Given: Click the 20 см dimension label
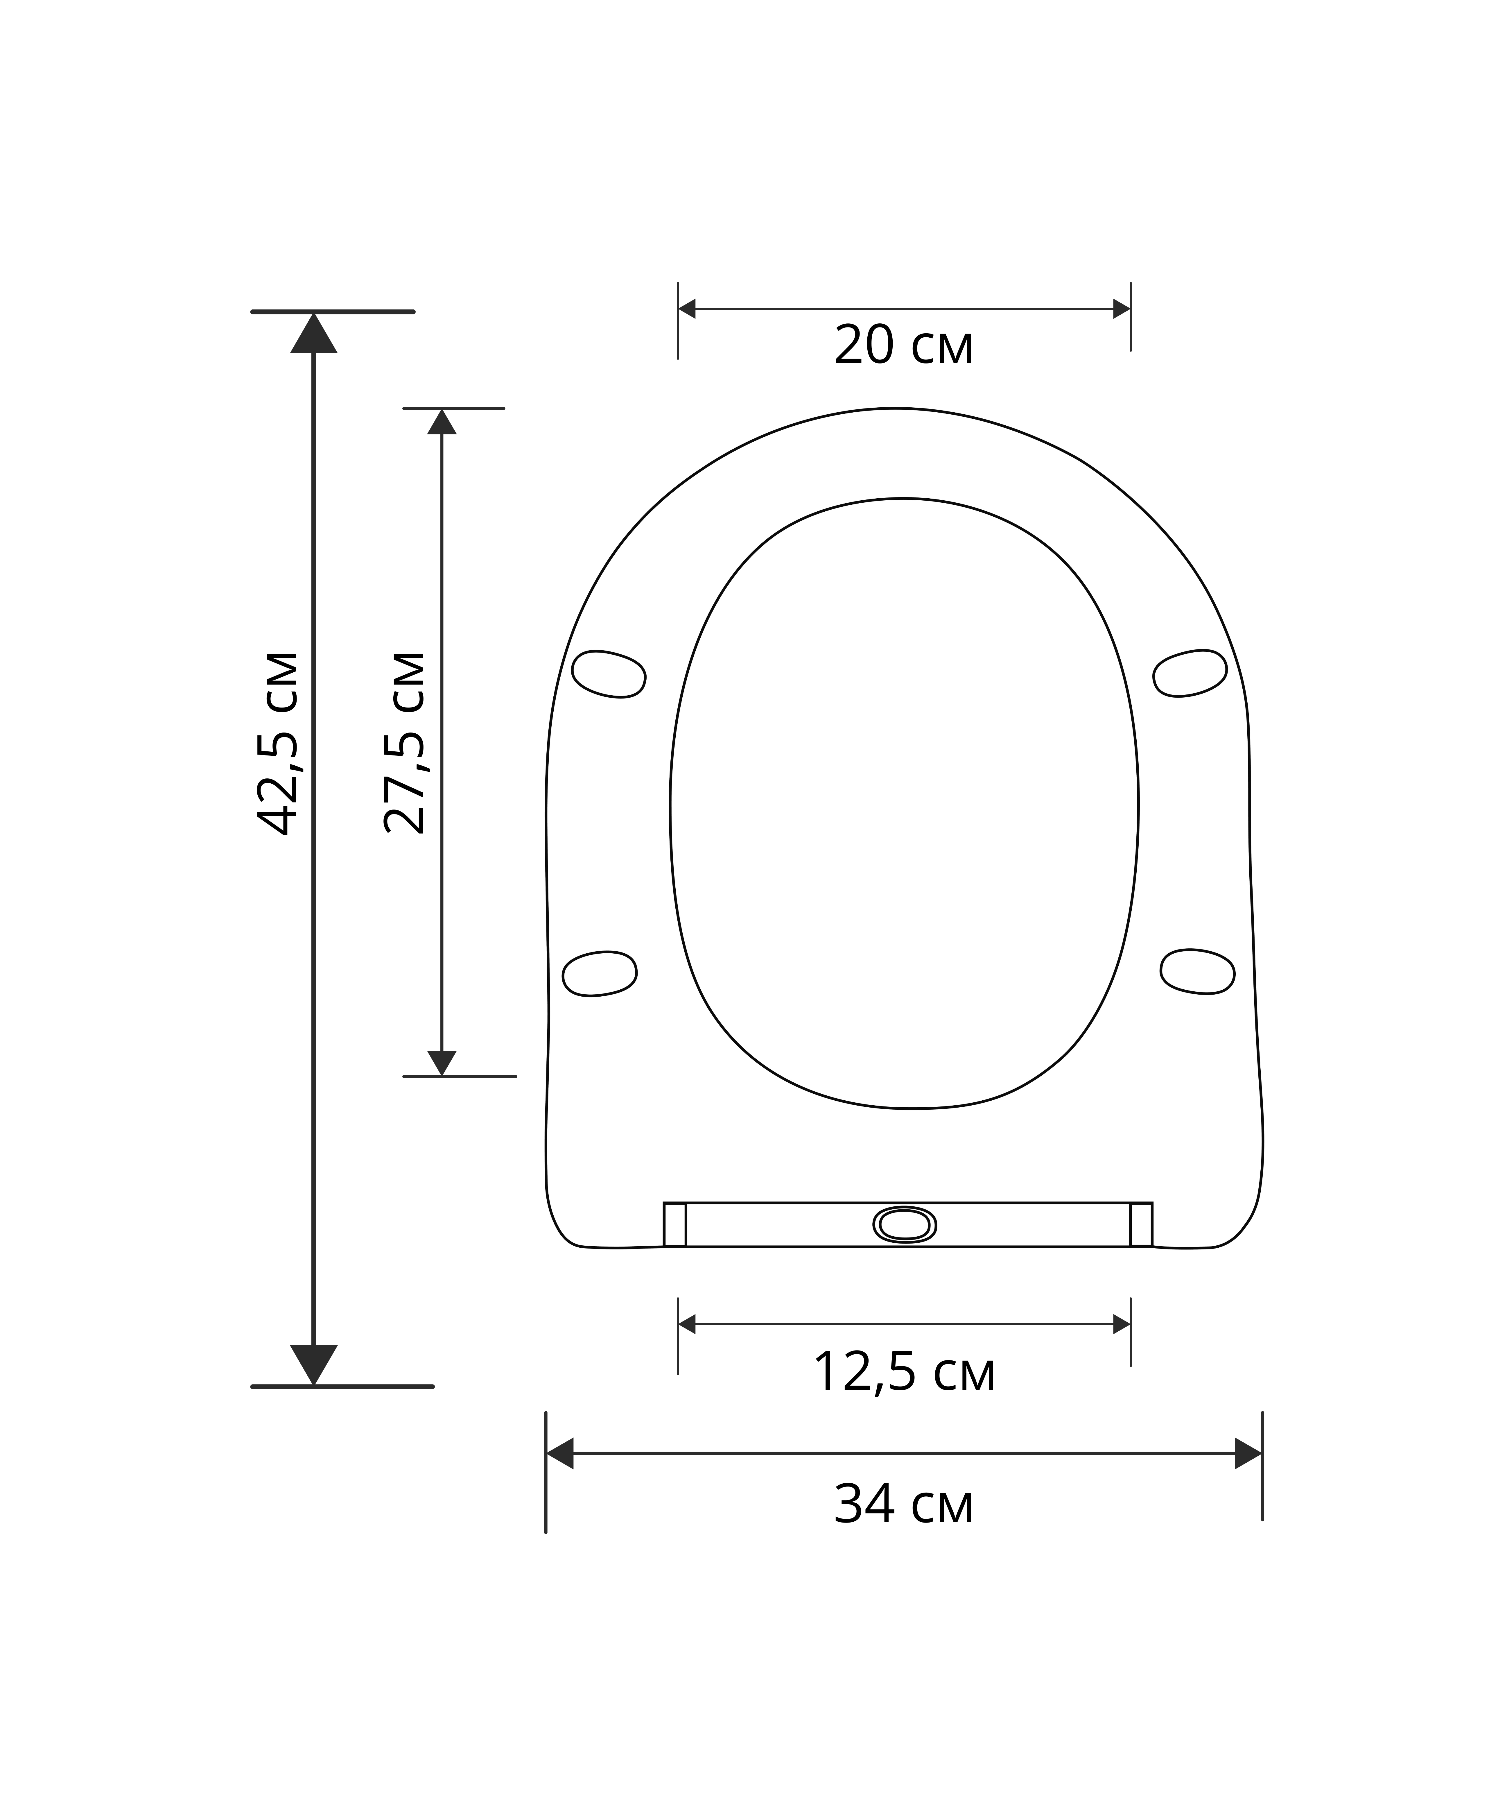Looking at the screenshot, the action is pyautogui.click(x=903, y=346).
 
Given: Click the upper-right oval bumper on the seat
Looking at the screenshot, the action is pyautogui.click(x=1190, y=674).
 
